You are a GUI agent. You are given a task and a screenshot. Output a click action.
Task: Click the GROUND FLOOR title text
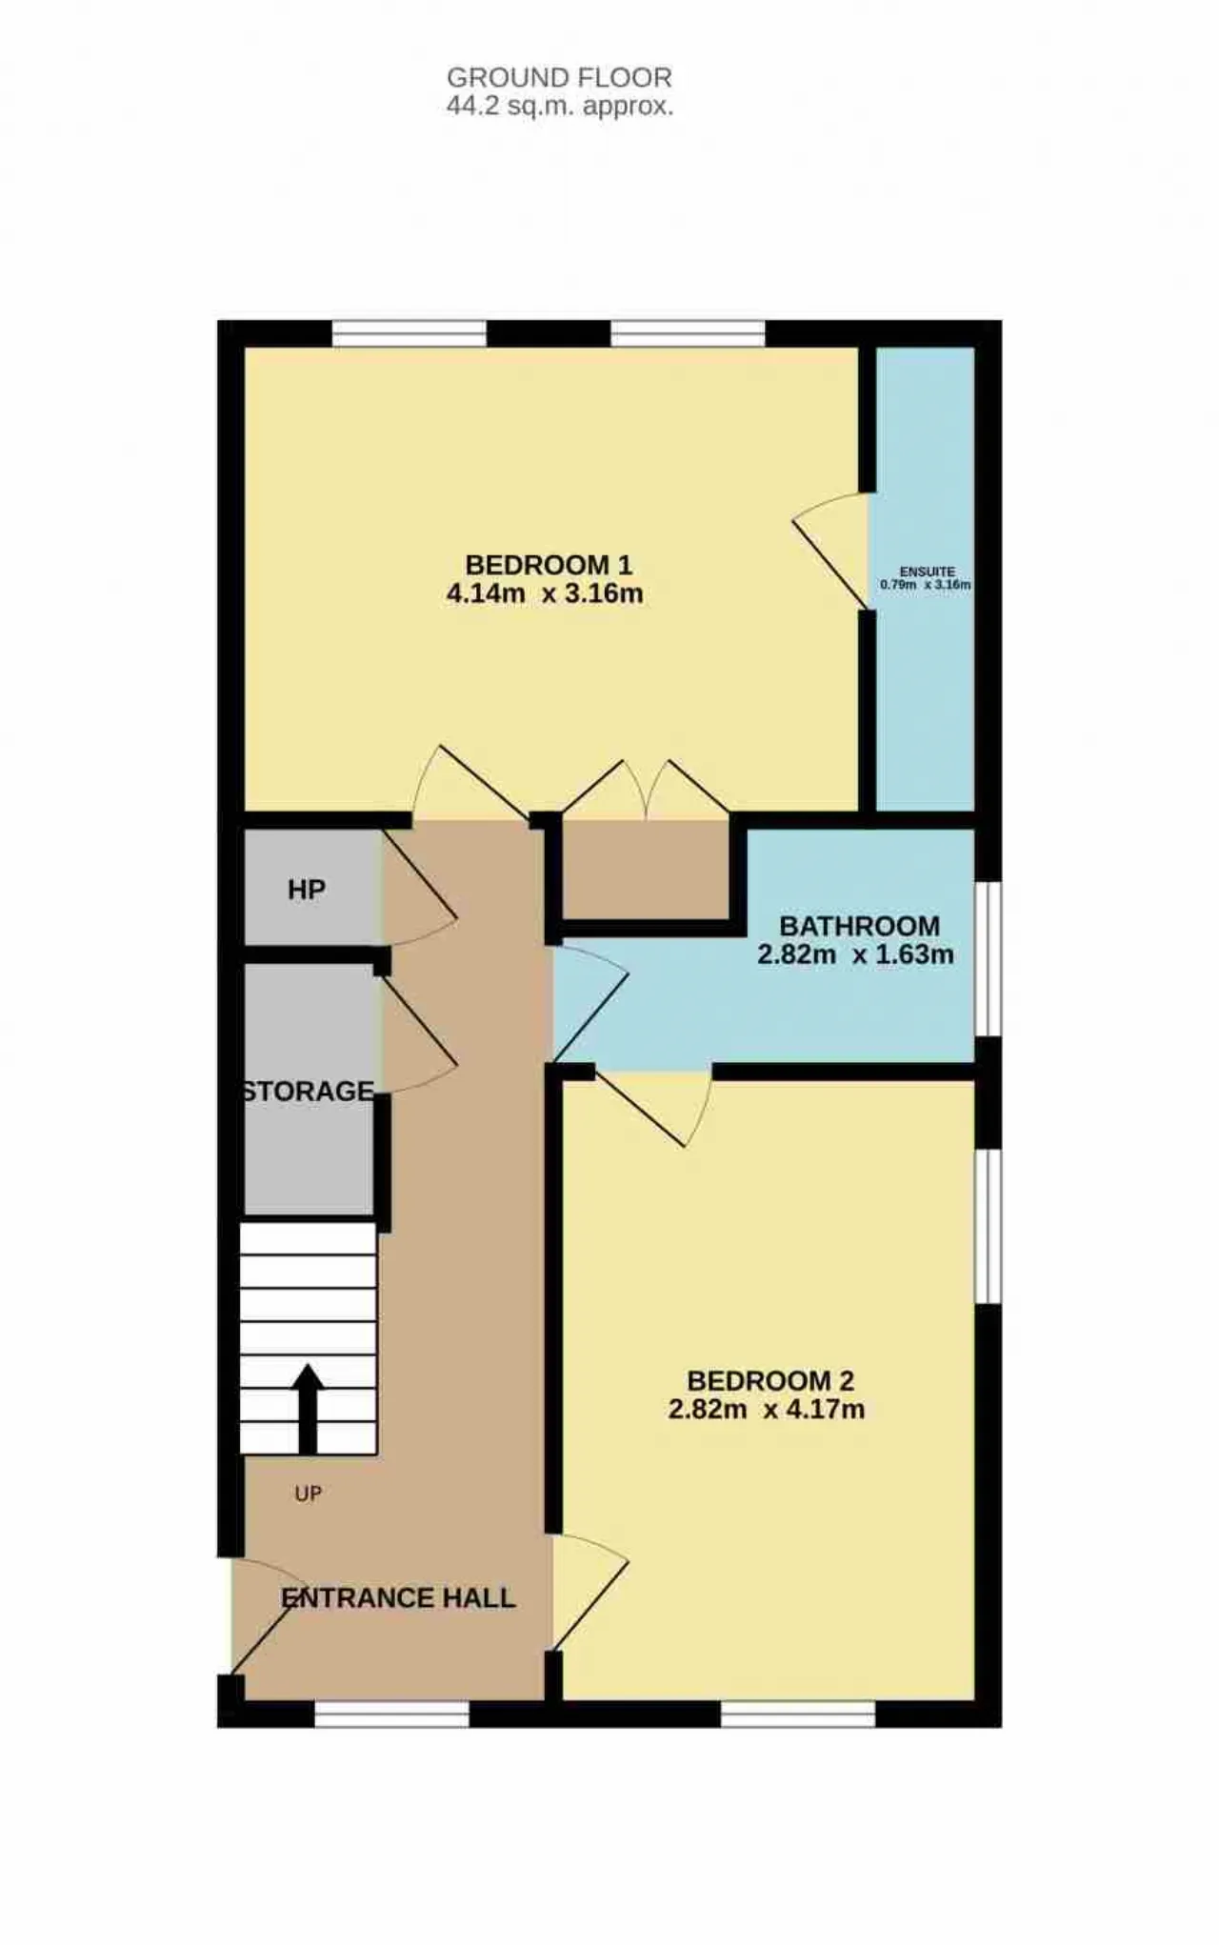(559, 77)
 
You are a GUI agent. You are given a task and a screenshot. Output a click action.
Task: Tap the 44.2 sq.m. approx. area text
(560, 106)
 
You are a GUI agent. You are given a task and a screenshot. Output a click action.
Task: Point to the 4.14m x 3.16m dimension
(545, 593)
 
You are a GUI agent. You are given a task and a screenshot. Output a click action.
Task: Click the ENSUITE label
(927, 571)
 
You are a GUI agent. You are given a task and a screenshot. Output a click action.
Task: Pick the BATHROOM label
(859, 926)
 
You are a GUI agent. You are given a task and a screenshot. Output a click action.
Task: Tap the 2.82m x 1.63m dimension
(855, 954)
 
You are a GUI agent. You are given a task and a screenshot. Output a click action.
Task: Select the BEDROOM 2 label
(770, 1380)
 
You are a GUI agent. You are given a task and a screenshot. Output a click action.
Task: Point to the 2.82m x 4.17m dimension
(767, 1409)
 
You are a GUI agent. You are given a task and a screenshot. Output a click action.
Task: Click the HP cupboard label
(307, 890)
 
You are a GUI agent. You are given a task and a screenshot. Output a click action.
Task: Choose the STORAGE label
(308, 1091)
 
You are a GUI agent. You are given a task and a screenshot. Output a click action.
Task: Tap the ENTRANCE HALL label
(398, 1597)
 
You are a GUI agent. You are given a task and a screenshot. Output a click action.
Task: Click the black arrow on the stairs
(308, 1409)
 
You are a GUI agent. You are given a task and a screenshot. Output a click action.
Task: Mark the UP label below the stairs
(308, 1494)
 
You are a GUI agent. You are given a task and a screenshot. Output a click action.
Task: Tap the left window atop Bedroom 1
(410, 333)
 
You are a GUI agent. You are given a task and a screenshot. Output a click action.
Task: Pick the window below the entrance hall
(391, 1714)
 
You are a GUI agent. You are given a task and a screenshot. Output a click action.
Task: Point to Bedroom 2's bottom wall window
(798, 1714)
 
